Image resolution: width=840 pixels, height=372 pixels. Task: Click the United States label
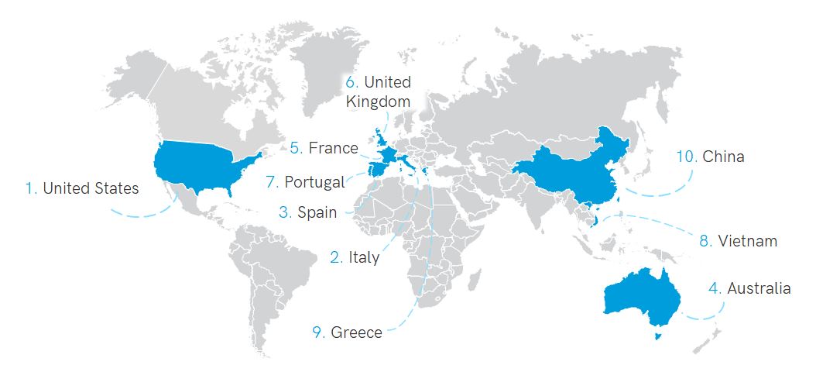coord(91,188)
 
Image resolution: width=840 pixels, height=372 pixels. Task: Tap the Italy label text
coord(364,257)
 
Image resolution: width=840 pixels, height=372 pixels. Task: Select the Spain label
coord(317,212)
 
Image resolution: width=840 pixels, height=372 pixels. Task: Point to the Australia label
coord(759,288)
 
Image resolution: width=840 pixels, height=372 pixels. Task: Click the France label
coord(333,147)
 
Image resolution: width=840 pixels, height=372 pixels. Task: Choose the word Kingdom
coord(378,101)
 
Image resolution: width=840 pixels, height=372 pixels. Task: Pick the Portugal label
coord(314,182)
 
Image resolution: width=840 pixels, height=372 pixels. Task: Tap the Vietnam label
coord(747,241)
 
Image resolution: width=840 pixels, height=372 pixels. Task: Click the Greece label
coord(356,332)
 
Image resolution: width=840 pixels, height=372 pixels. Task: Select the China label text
coord(723,157)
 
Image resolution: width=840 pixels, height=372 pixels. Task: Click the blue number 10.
coord(686,157)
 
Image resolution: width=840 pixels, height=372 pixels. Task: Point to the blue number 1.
coord(31,188)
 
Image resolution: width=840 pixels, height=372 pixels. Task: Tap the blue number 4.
coord(715,288)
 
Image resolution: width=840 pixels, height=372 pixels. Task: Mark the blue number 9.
coord(318,332)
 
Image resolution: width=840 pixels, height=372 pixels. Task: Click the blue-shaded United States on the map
coord(201,167)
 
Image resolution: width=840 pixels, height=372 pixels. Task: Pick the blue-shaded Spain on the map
coord(375,168)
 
